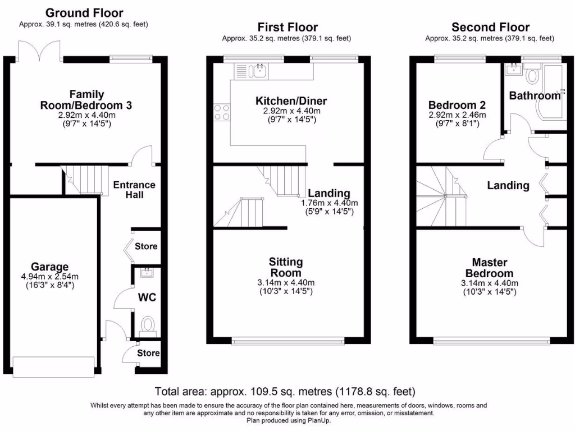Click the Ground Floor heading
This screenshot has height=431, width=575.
click(x=84, y=12)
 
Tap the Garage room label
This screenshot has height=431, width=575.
click(x=49, y=267)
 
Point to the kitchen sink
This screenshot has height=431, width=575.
click(x=260, y=71)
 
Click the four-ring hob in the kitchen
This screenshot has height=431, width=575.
click(x=221, y=112)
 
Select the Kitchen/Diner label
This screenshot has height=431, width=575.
click(x=291, y=101)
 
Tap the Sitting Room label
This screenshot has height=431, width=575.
click(x=286, y=267)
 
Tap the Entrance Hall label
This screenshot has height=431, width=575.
click(x=135, y=190)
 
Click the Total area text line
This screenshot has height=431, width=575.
click(x=285, y=391)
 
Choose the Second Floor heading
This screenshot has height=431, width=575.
click(x=490, y=27)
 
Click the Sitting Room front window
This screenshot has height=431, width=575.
click(x=289, y=340)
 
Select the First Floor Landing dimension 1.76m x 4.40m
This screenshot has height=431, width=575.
click(x=330, y=203)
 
